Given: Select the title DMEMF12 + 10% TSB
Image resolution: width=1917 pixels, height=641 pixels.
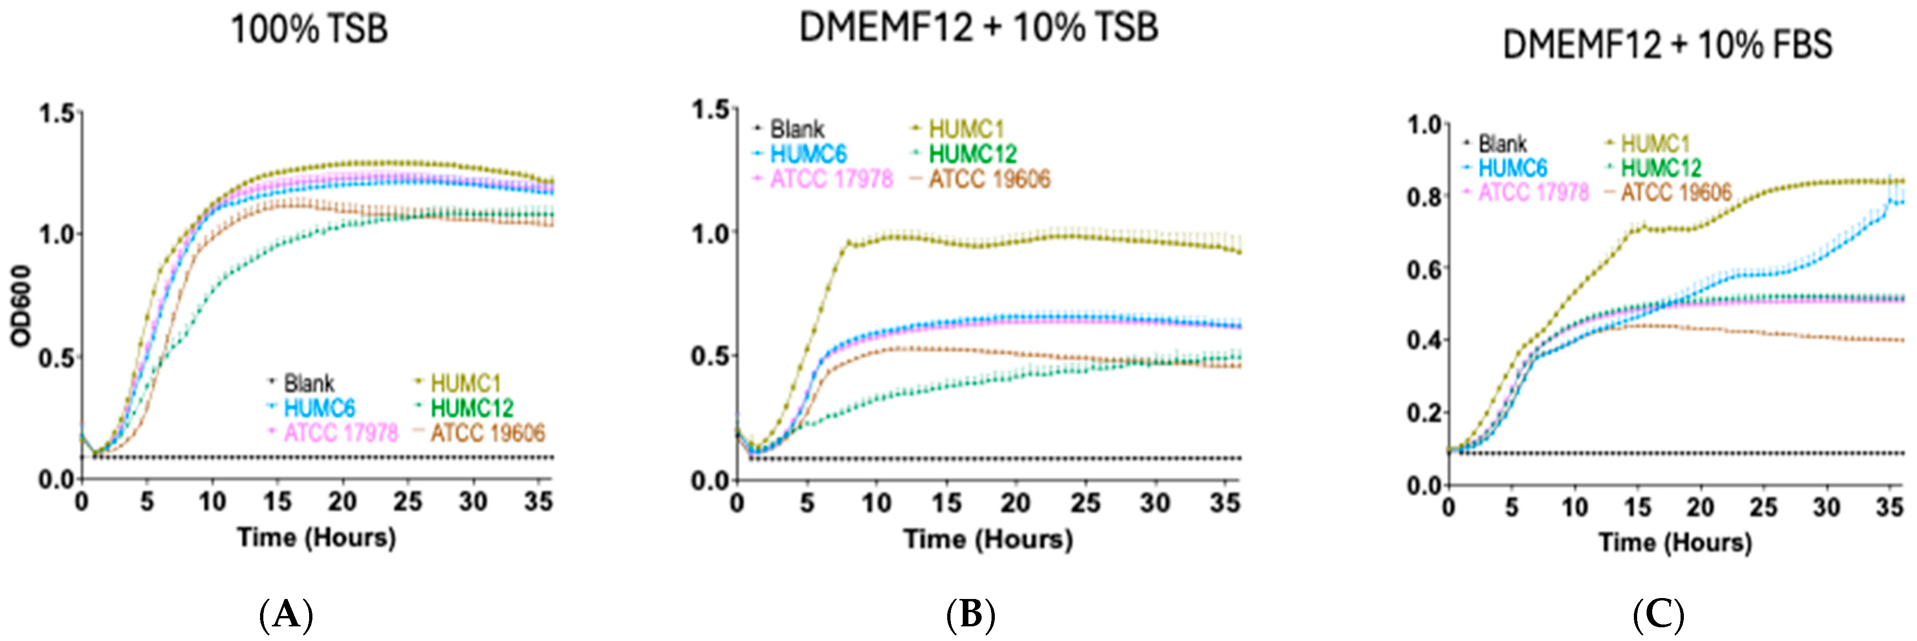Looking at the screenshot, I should coord(979,27).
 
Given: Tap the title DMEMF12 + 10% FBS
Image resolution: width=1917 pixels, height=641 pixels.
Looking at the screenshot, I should coord(1667,45).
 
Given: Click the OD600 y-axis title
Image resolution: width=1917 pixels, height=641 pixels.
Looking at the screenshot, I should coord(22,305).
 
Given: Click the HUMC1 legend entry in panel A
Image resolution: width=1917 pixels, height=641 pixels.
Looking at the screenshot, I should coord(465,383).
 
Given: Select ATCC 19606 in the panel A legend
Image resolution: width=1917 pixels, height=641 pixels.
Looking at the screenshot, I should coord(488,432).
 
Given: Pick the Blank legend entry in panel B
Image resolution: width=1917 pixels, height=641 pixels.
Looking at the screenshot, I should coord(796,129).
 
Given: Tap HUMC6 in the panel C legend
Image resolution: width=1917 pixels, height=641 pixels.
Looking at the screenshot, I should coord(1512,168).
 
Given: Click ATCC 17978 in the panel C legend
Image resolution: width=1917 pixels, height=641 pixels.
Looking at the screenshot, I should coord(1533,193).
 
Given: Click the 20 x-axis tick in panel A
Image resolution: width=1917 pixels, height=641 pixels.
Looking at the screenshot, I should coord(342,502).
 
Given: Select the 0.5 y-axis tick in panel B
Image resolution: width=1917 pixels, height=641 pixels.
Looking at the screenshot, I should coord(711,356).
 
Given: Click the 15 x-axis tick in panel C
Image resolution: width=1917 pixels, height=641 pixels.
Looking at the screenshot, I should coord(1637,508).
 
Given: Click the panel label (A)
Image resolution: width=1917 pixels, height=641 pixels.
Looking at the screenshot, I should coord(286,616).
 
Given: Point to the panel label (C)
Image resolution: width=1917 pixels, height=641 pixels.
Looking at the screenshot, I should coord(1658,616).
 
